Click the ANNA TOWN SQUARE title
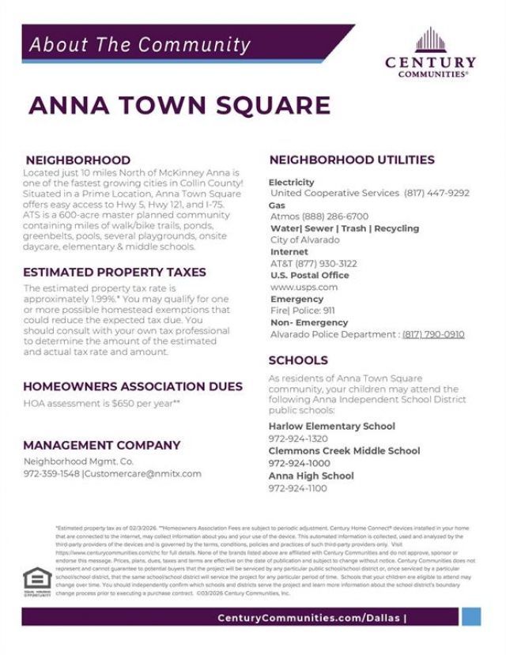179,106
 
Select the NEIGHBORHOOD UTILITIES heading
352,160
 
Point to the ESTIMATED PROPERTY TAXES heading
115,272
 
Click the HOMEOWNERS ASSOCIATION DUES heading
133,387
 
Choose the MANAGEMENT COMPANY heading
102,445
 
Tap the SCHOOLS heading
298,360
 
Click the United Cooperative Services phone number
436,193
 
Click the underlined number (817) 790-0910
433,334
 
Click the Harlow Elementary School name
332,426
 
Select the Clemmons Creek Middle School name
344,450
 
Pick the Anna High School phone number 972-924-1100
297,488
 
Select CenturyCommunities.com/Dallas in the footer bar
310,617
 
